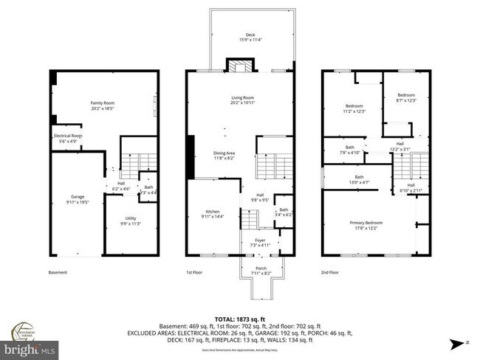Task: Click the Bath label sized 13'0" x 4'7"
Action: [359, 179]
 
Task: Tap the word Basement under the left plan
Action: [57, 272]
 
